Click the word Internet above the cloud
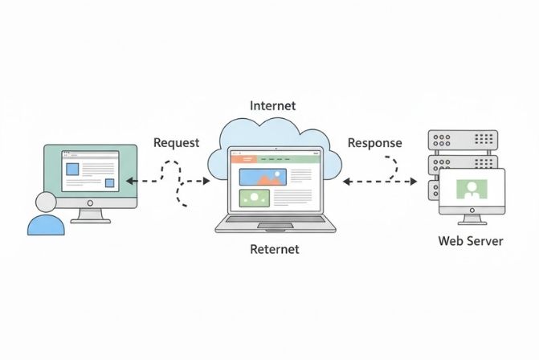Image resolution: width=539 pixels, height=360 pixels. click(x=272, y=105)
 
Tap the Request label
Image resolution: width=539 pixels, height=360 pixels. click(x=176, y=143)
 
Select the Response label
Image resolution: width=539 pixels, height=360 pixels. click(x=374, y=143)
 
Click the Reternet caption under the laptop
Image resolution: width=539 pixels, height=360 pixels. click(x=274, y=249)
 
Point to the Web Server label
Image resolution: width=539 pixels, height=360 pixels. click(x=471, y=240)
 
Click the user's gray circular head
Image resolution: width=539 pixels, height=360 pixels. click(x=45, y=202)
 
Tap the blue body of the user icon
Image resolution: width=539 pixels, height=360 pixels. click(x=46, y=224)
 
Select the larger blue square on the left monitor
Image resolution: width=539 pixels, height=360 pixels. click(x=72, y=170)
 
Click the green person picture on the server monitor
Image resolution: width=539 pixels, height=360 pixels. click(x=471, y=190)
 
